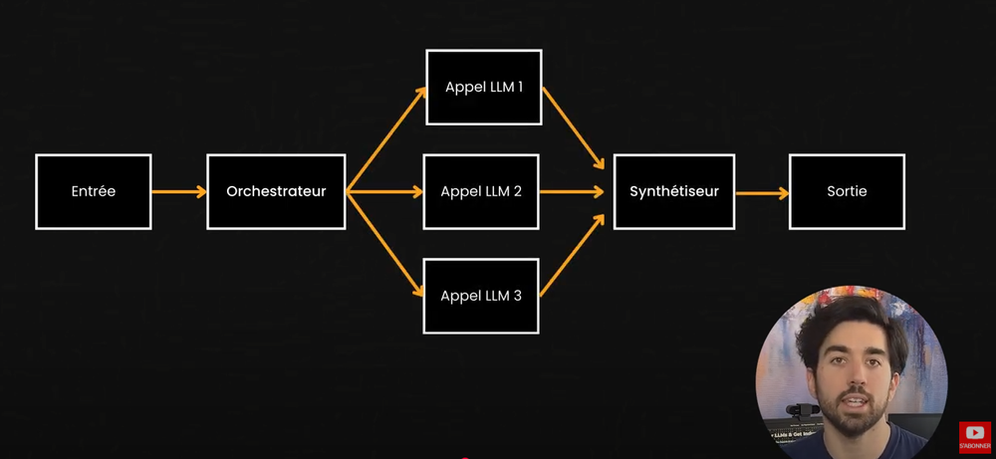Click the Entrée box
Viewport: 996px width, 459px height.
pos(93,191)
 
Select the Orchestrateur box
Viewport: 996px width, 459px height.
pos(276,191)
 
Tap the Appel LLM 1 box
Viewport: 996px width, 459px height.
pos(483,87)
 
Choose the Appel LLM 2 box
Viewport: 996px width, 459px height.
pos(481,191)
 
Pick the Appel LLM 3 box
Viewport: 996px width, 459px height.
pos(481,295)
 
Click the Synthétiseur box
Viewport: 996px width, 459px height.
pos(673,191)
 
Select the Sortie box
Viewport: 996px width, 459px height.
pos(847,191)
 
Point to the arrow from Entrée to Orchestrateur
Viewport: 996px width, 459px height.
pos(178,191)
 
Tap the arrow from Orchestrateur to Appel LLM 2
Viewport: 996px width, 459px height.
pos(384,191)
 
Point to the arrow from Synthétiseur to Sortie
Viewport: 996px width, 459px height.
pos(761,191)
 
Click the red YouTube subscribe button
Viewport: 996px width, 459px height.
pos(974,435)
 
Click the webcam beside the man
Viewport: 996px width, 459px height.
pos(801,411)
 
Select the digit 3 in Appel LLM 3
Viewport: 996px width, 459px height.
pos(518,295)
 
